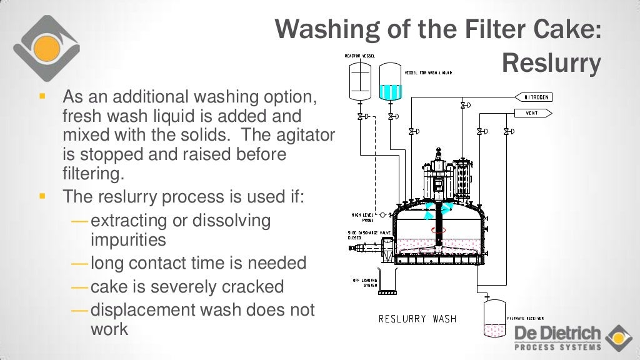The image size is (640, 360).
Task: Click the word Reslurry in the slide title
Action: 551,63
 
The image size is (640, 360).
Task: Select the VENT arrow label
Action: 533,113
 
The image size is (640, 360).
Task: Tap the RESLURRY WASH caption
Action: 417,319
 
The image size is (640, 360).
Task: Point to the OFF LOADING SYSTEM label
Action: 363,283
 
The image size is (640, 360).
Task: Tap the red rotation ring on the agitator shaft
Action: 439,229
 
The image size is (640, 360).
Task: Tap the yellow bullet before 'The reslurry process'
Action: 42,196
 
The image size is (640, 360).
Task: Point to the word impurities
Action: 128,240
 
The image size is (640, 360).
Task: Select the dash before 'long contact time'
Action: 80,263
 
